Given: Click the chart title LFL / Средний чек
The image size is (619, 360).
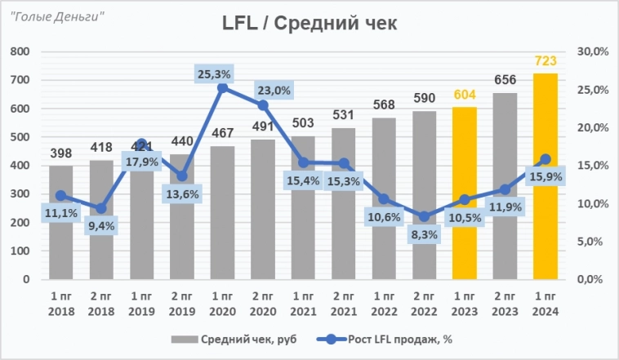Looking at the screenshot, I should [309, 24].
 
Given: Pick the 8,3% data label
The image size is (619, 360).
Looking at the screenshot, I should [425, 234].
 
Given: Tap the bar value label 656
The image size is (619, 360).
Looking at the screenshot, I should [505, 80].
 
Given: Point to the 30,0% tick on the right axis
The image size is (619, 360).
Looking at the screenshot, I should [592, 51].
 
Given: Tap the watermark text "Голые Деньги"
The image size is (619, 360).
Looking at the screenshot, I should [58, 16].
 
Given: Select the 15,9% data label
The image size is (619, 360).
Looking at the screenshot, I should [546, 176].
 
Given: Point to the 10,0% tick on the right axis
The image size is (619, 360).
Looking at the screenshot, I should [592, 203].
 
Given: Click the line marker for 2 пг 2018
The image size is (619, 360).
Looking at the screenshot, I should [101, 208].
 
